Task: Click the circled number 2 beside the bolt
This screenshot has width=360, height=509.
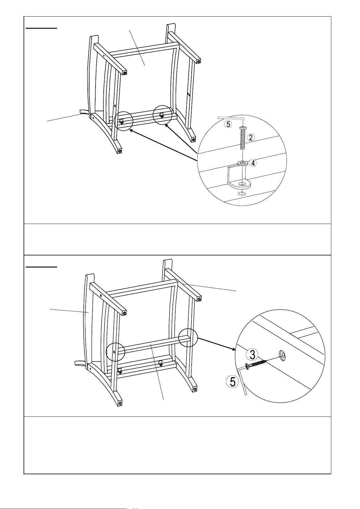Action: pyautogui.click(x=251, y=138)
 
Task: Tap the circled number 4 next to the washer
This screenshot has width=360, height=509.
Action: pyautogui.click(x=253, y=163)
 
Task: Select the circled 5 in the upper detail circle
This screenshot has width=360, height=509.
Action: pyautogui.click(x=228, y=124)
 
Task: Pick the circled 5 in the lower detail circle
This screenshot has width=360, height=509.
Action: pyautogui.click(x=232, y=381)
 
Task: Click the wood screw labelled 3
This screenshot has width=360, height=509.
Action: pyautogui.click(x=255, y=364)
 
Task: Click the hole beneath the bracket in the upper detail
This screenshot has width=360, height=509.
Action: pyautogui.click(x=242, y=193)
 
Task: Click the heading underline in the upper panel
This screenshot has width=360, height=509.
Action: pyautogui.click(x=41, y=28)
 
